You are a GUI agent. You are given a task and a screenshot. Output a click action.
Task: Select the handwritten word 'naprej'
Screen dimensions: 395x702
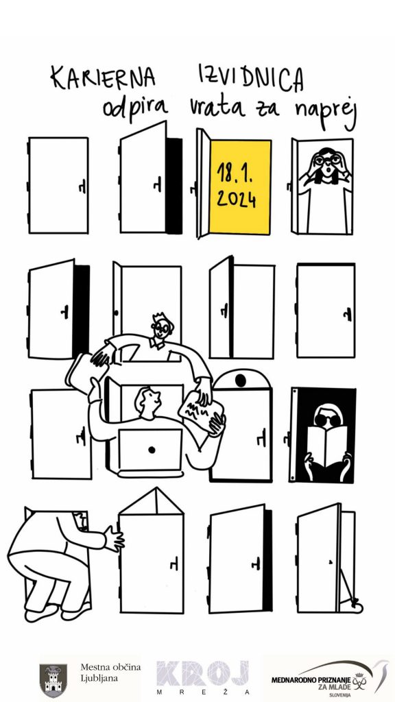(325, 110)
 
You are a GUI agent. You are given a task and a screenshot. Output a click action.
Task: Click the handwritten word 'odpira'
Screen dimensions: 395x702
(135, 107)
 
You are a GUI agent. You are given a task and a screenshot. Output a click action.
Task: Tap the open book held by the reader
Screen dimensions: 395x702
(327, 441)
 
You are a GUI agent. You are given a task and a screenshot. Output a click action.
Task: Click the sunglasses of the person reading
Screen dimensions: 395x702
(327, 419)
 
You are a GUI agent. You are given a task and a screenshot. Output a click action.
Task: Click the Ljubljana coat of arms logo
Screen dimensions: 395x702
(53, 680)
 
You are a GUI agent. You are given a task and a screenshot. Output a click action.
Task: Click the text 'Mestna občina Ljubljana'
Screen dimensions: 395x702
(110, 673)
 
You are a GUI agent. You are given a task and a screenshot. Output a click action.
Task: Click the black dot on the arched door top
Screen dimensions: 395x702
(241, 380)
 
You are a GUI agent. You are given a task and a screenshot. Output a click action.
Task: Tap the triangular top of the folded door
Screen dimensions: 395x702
(152, 500)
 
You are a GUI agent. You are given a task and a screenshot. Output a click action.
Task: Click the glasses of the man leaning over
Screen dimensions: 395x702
(161, 329)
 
